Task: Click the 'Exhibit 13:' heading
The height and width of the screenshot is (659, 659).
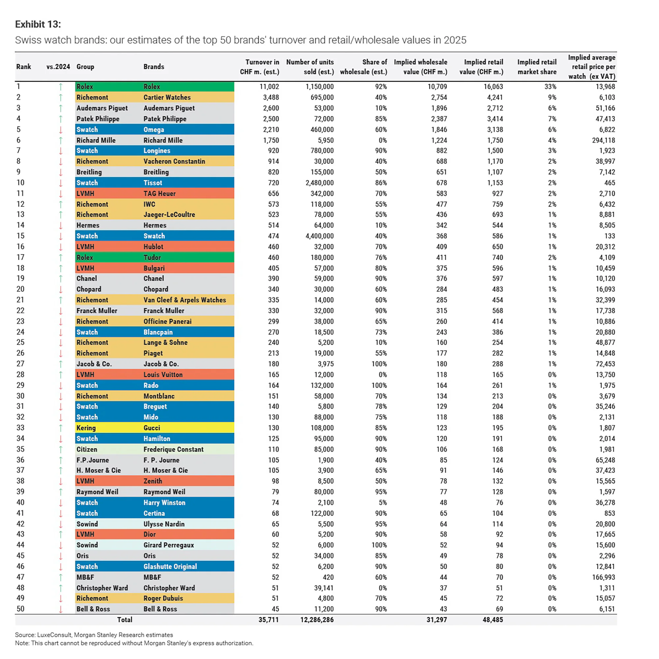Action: pyautogui.click(x=38, y=24)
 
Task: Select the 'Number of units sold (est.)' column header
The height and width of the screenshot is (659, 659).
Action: pyautogui.click(x=310, y=67)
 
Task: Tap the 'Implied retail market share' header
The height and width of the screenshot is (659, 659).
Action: pyautogui.click(x=536, y=67)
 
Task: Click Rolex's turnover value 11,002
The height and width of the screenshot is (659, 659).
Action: pyautogui.click(x=269, y=87)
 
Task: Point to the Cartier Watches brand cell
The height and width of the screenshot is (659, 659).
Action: pyautogui.click(x=167, y=98)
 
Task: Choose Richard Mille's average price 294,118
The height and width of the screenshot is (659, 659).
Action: pyautogui.click(x=603, y=140)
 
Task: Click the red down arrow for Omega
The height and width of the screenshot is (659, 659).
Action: pyautogui.click(x=61, y=130)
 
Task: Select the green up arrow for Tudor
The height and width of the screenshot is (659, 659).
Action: pyautogui.click(x=61, y=258)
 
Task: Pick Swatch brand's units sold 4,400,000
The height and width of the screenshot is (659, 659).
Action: pyautogui.click(x=319, y=236)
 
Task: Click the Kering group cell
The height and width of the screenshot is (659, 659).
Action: pyautogui.click(x=86, y=428)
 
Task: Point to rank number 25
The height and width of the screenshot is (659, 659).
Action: pyautogui.click(x=20, y=342)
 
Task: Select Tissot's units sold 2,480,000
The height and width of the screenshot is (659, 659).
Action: pyautogui.click(x=319, y=183)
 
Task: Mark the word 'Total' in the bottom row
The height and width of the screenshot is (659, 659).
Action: pyautogui.click(x=125, y=620)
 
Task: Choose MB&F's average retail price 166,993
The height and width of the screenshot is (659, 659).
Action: pyautogui.click(x=603, y=577)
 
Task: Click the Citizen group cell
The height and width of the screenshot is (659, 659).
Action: pyautogui.click(x=87, y=449)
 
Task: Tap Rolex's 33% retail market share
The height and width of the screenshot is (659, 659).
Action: pyautogui.click(x=550, y=87)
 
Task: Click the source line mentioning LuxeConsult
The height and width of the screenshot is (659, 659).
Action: pyautogui.click(x=94, y=635)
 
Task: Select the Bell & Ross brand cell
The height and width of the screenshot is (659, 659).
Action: pyautogui.click(x=160, y=609)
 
